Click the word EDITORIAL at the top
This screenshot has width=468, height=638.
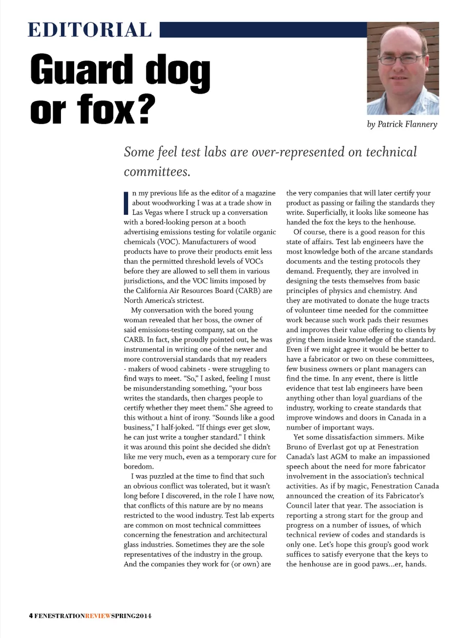point(90,30)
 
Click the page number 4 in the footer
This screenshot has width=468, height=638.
point(31,616)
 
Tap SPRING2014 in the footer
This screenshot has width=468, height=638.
point(132,616)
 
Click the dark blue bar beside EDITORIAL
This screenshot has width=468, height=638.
point(263,30)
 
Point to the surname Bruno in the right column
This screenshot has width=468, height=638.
point(298,447)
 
